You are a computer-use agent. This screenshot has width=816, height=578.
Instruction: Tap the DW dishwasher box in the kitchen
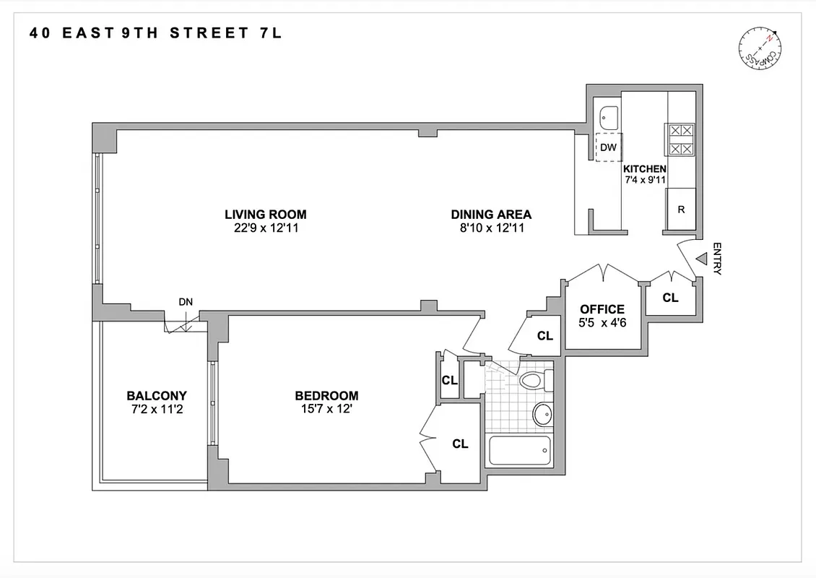point(609,147)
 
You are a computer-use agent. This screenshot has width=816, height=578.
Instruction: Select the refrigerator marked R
point(681,210)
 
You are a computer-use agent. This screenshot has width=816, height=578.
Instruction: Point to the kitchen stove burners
point(680,140)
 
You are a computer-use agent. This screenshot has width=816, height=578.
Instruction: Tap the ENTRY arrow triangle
point(701,259)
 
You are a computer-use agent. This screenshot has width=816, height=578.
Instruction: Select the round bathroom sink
point(542,414)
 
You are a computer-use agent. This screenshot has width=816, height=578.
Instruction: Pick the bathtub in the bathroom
point(519,451)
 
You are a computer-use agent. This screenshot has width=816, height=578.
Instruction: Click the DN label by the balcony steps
point(186,302)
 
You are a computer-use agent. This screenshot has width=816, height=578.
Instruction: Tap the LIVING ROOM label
point(265,215)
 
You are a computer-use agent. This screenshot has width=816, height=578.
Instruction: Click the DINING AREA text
point(491,215)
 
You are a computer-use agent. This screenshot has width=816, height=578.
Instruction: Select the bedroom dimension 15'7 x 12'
point(326,409)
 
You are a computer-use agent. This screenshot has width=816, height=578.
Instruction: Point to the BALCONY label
point(157,395)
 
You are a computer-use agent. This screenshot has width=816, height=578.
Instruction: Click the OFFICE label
point(602,309)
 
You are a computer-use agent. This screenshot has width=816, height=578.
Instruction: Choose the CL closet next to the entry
point(670,298)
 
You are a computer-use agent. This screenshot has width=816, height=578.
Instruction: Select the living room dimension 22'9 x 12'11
point(265,228)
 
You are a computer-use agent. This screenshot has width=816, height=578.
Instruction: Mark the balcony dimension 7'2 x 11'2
point(157,409)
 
